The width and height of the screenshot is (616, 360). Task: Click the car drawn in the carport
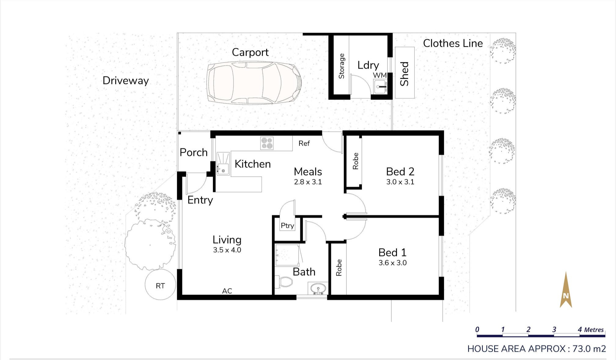coord(254,83)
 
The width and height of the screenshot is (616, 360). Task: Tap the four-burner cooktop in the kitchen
coord(267,143)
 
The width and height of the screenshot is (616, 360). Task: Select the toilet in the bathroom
coord(284,281)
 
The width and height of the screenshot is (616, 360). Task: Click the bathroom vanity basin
coord(318,288)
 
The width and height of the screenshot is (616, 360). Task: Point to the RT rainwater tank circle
coord(160,285)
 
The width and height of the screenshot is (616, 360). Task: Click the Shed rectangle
coord(405,73)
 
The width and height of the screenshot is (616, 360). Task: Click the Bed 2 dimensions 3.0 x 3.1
coord(400,182)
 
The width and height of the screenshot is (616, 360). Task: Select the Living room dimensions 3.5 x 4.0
coord(227,250)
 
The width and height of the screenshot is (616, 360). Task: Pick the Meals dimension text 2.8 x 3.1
coord(308,182)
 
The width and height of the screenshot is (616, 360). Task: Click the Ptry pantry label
coord(287,226)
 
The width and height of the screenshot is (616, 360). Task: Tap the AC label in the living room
coord(227,291)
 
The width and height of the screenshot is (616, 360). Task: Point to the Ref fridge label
coord(304,143)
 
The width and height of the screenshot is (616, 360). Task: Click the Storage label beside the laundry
coord(342,66)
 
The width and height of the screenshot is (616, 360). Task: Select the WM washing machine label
coord(380,75)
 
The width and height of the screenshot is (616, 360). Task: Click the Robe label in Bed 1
coord(339,268)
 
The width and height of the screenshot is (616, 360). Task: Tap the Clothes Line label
coord(453,43)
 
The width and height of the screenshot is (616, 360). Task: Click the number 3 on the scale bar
coord(554,329)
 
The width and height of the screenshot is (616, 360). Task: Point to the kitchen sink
coord(223,164)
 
